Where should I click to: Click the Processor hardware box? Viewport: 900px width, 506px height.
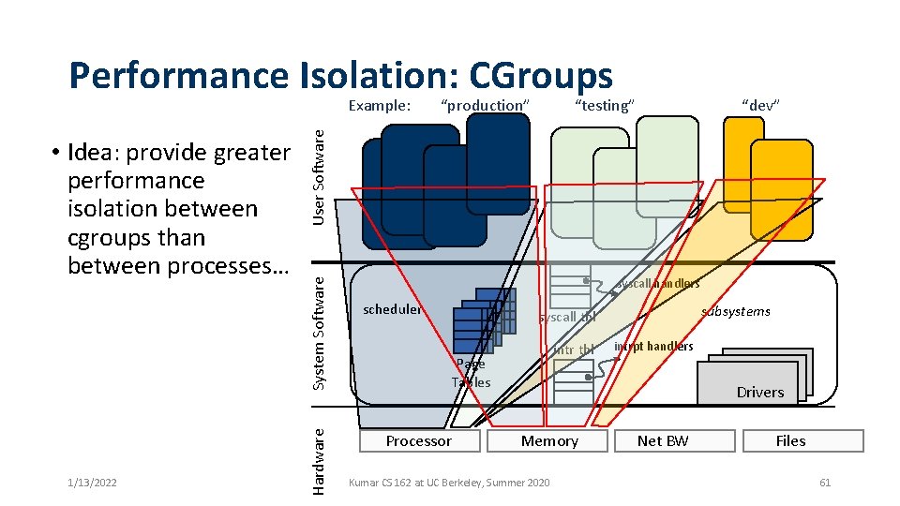tap(418, 441)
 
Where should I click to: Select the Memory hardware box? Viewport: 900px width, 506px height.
tap(549, 441)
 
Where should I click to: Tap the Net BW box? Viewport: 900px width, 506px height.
tap(663, 441)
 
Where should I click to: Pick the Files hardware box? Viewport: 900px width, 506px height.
tap(790, 441)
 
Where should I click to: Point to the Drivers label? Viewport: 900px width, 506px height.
tap(759, 392)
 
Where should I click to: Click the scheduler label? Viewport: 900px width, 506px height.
tap(392, 309)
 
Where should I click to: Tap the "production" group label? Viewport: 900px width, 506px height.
tap(485, 105)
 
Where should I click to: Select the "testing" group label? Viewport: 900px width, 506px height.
tap(605, 105)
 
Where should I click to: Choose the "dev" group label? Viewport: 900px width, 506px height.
tap(760, 105)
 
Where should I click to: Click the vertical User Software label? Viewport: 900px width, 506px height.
tap(319, 175)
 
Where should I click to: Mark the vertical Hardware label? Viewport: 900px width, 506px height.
tap(319, 460)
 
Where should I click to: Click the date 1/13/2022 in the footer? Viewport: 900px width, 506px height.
tap(92, 483)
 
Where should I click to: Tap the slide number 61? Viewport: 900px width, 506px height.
tap(825, 483)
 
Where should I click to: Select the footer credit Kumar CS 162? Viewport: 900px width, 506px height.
tap(449, 483)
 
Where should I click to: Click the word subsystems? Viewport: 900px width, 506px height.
tap(736, 311)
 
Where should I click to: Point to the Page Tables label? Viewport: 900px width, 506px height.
tap(471, 373)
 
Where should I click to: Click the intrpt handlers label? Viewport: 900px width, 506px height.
tap(653, 347)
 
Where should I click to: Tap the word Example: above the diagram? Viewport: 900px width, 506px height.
tap(380, 105)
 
